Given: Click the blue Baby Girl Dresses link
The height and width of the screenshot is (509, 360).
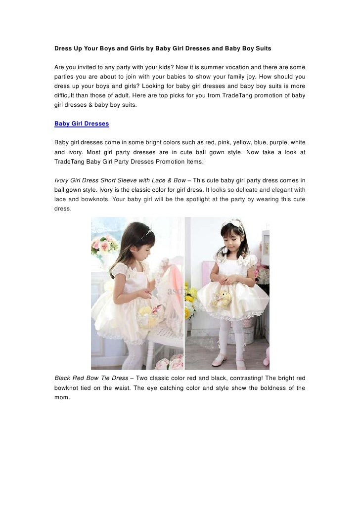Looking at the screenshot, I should [82, 124].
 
